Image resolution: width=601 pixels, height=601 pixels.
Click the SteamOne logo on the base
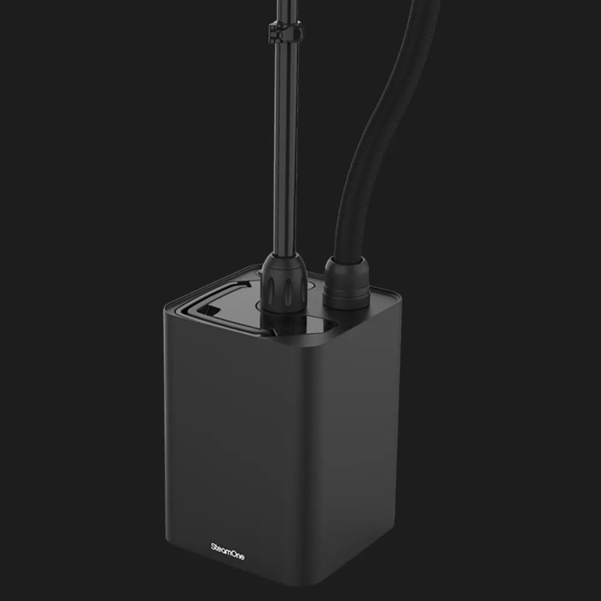[x=227, y=551]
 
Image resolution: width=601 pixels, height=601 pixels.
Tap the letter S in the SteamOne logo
[x=213, y=546]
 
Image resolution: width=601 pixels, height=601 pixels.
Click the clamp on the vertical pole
[x=284, y=31]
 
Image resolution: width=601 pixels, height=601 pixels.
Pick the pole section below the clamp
[x=285, y=145]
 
